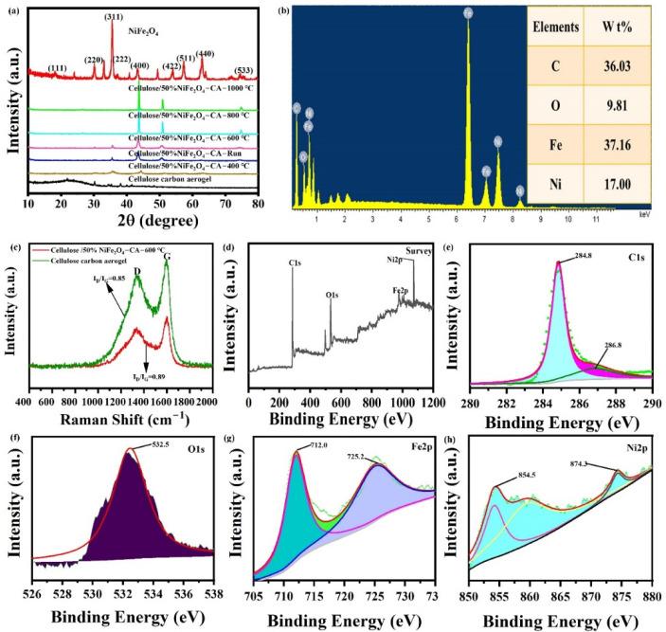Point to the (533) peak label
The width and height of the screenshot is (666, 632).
click(x=243, y=71)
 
